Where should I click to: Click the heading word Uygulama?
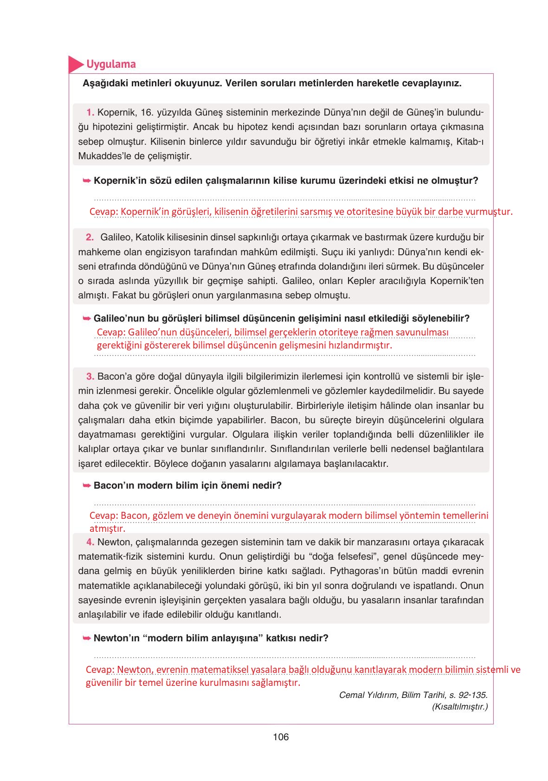pos(111,64)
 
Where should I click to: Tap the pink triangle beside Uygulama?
pos(74,65)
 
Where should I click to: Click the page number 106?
pos(281,737)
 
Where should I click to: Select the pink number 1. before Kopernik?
pos(90,112)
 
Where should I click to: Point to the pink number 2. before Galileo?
pos(90,237)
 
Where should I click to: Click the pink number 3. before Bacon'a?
pos(90,376)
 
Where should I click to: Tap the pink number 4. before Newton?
pos(90,542)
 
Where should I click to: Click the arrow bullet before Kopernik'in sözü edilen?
pos(86,181)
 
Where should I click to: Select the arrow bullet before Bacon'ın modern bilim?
pos(86,485)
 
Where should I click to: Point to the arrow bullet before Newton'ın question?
pos(86,638)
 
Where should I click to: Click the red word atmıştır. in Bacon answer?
pos(107,529)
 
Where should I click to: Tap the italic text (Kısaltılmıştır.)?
pos(459,707)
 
